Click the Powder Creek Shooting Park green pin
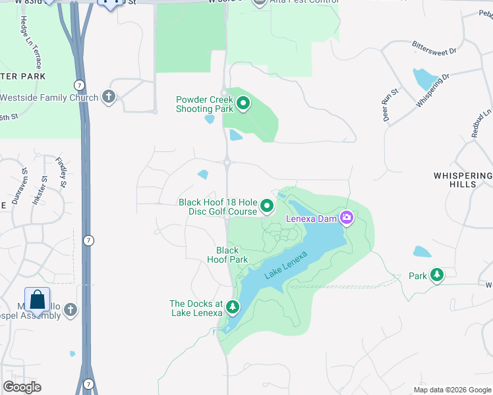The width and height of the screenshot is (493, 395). [243, 103]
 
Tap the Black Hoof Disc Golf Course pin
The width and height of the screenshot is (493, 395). [267, 207]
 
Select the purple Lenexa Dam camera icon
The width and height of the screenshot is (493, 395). [347, 218]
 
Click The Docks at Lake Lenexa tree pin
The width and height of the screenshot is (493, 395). [232, 307]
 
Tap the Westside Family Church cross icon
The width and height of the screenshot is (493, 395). [109, 97]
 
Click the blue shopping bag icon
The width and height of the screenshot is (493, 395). [38, 300]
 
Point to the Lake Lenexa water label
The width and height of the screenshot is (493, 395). [286, 265]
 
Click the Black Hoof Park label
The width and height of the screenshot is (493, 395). [227, 255]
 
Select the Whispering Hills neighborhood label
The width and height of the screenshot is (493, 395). [463, 180]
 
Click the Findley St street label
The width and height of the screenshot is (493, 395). [61, 172]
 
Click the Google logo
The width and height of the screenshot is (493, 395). [22, 387]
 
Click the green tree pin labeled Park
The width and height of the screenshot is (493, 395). [436, 275]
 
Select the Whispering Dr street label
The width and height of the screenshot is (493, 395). [432, 90]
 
